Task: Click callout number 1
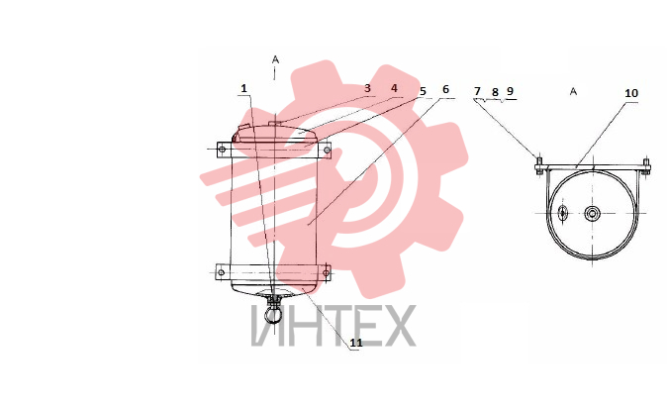(x=243, y=88)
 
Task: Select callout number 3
(x=367, y=88)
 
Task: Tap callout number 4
(x=394, y=88)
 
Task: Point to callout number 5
(x=423, y=91)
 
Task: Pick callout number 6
(x=445, y=89)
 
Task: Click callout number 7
(x=477, y=91)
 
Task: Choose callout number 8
(x=495, y=92)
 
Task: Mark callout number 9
(x=510, y=91)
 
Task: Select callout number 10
(x=631, y=93)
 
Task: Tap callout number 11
(x=356, y=343)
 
